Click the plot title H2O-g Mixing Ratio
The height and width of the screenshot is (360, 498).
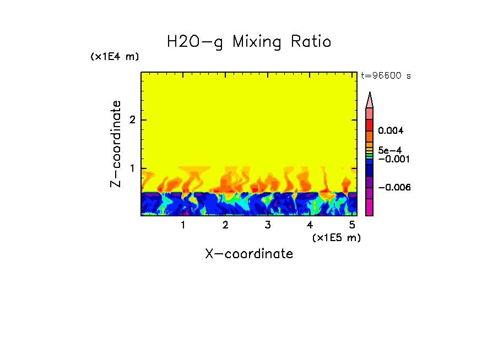coord(249,41)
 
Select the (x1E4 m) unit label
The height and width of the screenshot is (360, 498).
coord(115,57)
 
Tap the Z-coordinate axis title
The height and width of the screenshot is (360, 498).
coord(116,144)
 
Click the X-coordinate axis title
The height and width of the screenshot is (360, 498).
coord(249,254)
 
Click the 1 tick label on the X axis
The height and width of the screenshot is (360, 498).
coord(183,225)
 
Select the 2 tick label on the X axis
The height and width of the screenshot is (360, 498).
coord(225,225)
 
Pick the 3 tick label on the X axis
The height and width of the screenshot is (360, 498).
coord(268,225)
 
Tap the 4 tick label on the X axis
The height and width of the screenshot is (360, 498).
coord(310,225)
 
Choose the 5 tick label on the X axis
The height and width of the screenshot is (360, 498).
coord(352,225)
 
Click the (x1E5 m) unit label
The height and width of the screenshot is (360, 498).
coord(336,237)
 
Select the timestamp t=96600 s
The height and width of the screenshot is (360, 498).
coord(386,76)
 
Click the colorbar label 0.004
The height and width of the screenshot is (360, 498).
coord(392,131)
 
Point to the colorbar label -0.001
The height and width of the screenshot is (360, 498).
coord(392,159)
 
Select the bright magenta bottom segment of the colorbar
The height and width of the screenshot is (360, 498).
coord(370,208)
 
